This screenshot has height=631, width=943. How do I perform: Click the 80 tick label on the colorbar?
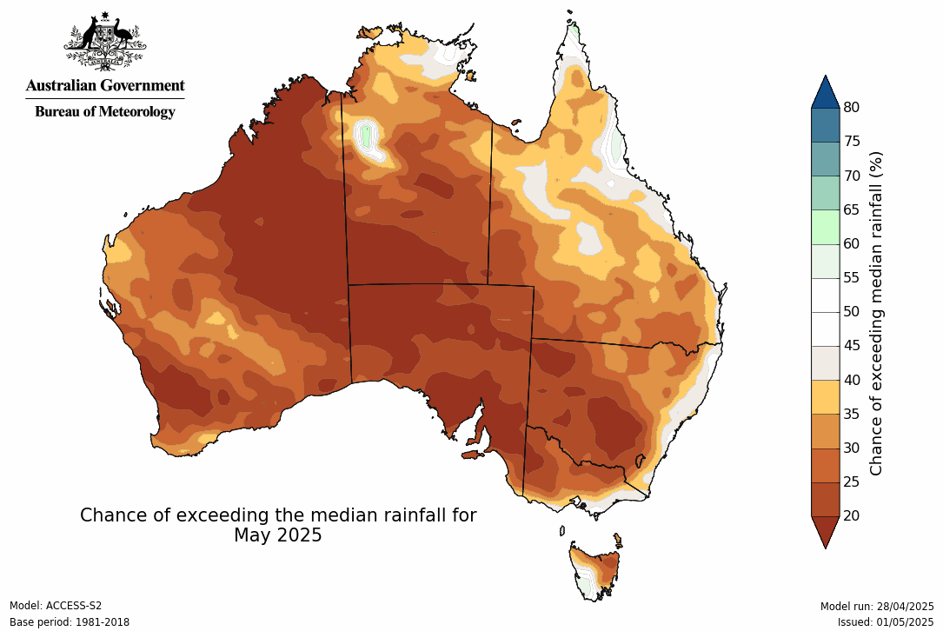click(852, 108)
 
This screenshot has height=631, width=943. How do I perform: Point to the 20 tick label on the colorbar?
click(852, 515)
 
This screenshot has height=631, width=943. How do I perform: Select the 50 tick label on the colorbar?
click(852, 311)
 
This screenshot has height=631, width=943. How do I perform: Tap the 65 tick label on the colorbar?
click(852, 209)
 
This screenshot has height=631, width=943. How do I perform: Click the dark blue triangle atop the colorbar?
click(825, 92)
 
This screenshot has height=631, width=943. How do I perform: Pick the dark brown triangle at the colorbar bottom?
click(825, 531)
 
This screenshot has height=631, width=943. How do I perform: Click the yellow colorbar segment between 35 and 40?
click(825, 396)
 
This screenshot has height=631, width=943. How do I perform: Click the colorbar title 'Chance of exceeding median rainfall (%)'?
click(876, 313)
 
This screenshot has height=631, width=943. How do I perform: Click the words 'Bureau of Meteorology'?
click(105, 111)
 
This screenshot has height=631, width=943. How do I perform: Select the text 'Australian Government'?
click(105, 85)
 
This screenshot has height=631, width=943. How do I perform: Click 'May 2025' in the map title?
click(278, 535)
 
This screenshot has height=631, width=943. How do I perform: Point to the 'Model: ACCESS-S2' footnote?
click(56, 606)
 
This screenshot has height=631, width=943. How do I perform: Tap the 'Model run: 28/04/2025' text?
click(877, 606)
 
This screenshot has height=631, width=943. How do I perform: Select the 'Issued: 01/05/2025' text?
click(886, 622)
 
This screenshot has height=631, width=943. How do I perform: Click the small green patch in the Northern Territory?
click(367, 136)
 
